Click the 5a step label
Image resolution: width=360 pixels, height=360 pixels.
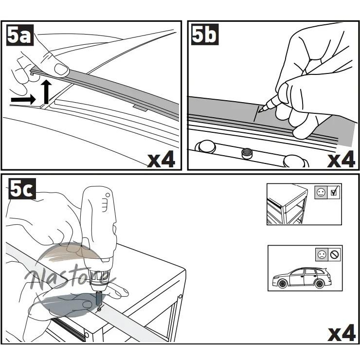point(20,35)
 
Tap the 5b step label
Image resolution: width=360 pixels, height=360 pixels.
point(205,35)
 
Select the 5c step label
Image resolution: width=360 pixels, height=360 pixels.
point(22,189)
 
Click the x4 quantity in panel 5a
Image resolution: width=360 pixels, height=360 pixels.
point(161,160)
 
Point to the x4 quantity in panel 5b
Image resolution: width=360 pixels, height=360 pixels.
point(341,160)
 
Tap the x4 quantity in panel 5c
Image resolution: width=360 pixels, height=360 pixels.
point(342,333)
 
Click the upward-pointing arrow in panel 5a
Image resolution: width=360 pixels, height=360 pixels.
point(47,92)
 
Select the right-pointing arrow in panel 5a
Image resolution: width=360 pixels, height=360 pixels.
point(23,100)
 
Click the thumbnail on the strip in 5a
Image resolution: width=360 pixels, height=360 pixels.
point(61,69)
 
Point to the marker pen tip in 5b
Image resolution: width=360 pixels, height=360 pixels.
point(259,111)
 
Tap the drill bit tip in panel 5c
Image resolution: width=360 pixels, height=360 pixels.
point(99,309)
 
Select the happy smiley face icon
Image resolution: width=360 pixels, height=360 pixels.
point(321,192)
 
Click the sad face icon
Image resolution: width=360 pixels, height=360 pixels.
point(322,254)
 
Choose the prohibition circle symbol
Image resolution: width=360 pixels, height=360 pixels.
point(335,254)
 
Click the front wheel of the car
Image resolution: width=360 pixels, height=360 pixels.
point(282,284)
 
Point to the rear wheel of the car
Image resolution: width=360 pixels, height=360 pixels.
point(319,284)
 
